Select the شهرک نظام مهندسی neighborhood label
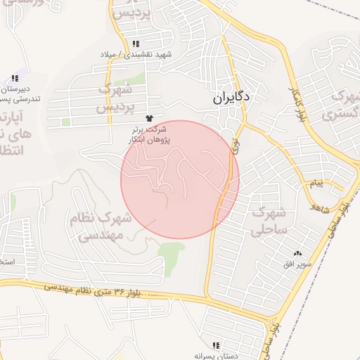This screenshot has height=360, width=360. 96,226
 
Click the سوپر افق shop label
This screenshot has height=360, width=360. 296,264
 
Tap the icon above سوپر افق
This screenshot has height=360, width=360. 297,253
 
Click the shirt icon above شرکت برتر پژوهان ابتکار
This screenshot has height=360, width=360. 148,119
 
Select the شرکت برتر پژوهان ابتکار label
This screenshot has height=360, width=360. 148,135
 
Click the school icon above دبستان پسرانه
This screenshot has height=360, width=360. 216,345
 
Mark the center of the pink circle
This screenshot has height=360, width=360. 180,179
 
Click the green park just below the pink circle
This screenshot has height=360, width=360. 171,250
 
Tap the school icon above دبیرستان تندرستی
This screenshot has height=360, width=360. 15,79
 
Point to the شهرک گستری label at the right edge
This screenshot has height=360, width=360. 342,104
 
